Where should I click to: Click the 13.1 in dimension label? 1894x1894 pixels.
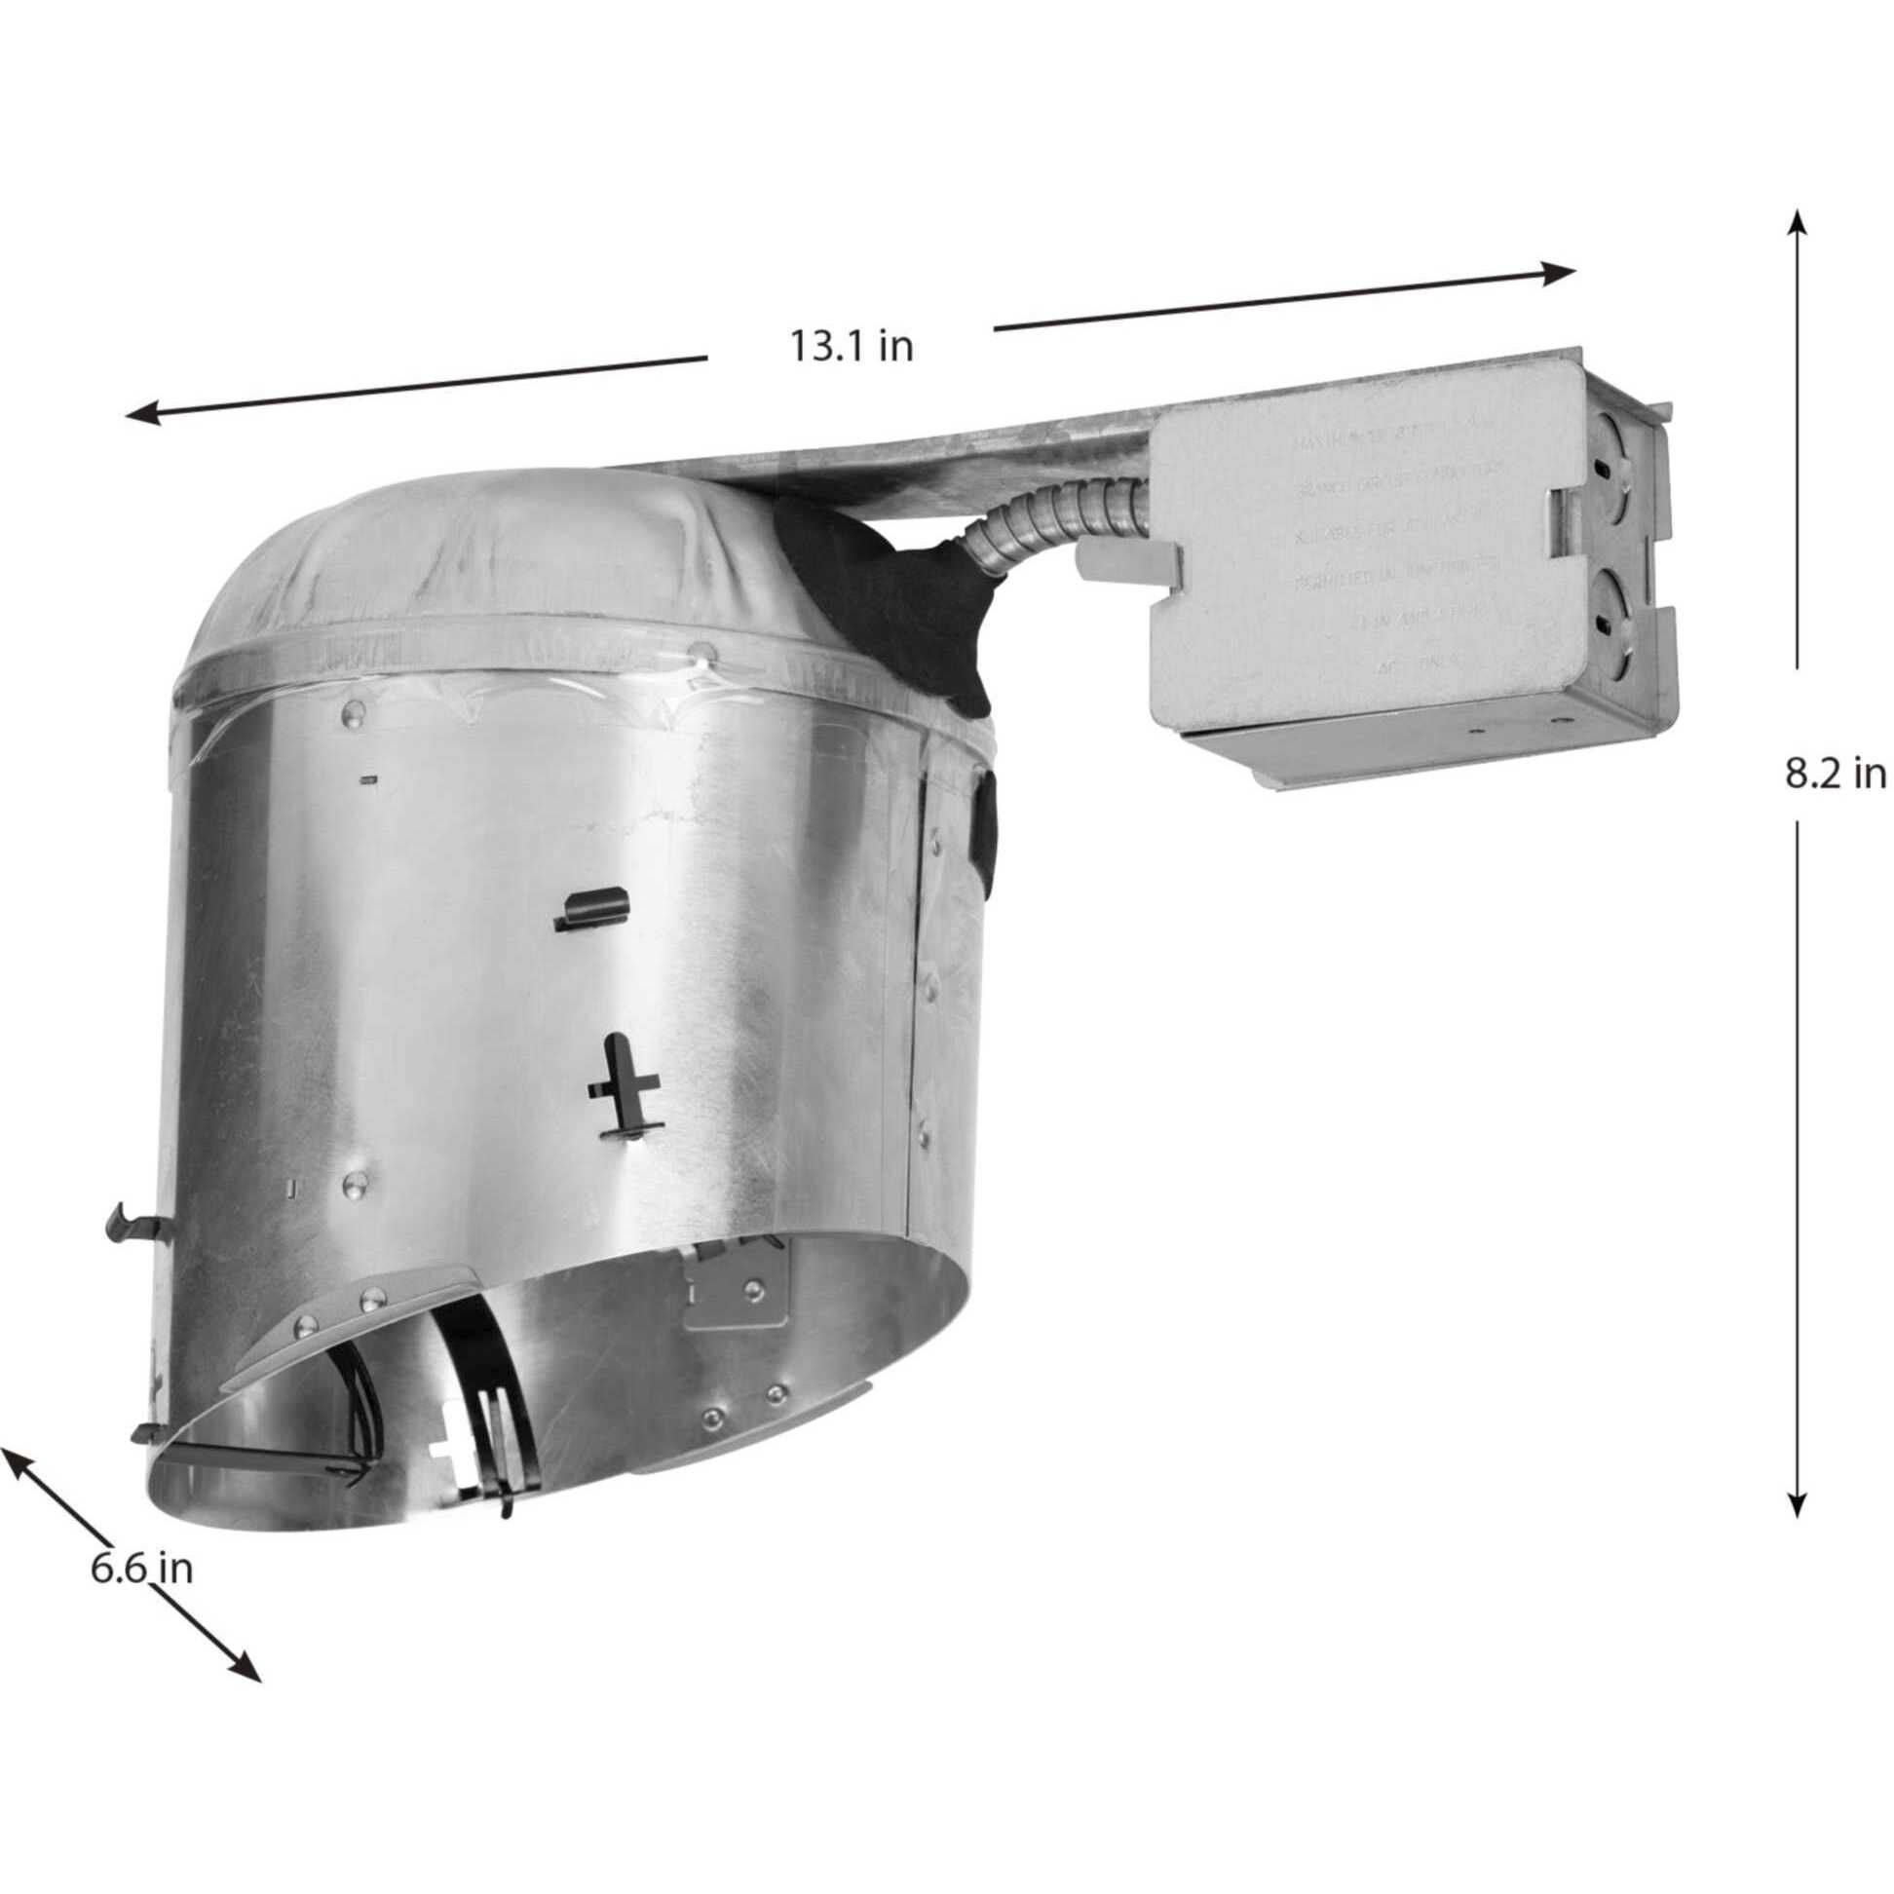coord(851,347)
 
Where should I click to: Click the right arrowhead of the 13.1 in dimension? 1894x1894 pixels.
coord(1559,273)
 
